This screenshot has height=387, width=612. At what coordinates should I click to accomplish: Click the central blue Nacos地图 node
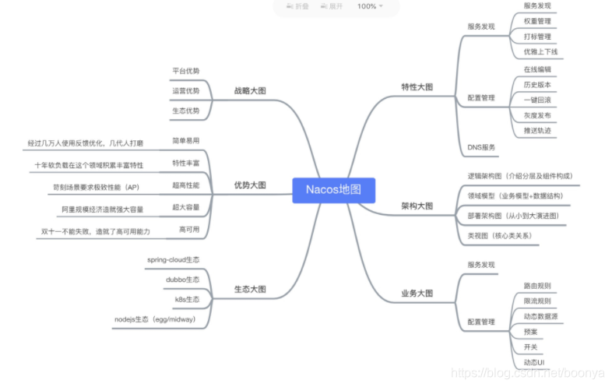[334, 191]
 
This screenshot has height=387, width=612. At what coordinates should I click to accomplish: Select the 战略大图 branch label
[250, 90]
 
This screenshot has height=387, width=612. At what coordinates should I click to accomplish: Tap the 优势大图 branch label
[250, 185]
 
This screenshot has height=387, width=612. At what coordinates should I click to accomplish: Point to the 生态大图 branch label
[250, 289]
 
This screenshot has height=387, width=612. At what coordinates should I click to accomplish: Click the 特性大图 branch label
[417, 86]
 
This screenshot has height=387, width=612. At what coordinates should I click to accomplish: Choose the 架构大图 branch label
[417, 206]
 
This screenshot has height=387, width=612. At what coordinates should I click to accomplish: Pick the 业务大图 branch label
[417, 294]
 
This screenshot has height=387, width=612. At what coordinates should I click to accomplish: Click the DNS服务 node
[481, 146]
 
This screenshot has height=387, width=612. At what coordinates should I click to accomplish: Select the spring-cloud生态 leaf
[173, 259]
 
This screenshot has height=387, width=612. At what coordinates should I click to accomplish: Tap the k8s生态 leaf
[187, 299]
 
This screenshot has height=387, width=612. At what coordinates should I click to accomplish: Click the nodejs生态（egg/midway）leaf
[155, 319]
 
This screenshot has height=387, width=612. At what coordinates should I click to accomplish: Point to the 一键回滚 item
[536, 100]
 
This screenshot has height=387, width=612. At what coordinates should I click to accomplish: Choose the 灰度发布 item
[536, 115]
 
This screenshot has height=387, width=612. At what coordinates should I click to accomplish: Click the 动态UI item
[534, 362]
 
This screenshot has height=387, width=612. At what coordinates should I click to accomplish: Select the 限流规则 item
[536, 301]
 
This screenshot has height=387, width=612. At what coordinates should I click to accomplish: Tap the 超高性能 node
[185, 185]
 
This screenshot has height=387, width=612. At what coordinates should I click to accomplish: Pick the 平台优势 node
[185, 71]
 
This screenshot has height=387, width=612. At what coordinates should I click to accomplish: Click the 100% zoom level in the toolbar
[367, 6]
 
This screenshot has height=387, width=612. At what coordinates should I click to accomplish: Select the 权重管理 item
[536, 21]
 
